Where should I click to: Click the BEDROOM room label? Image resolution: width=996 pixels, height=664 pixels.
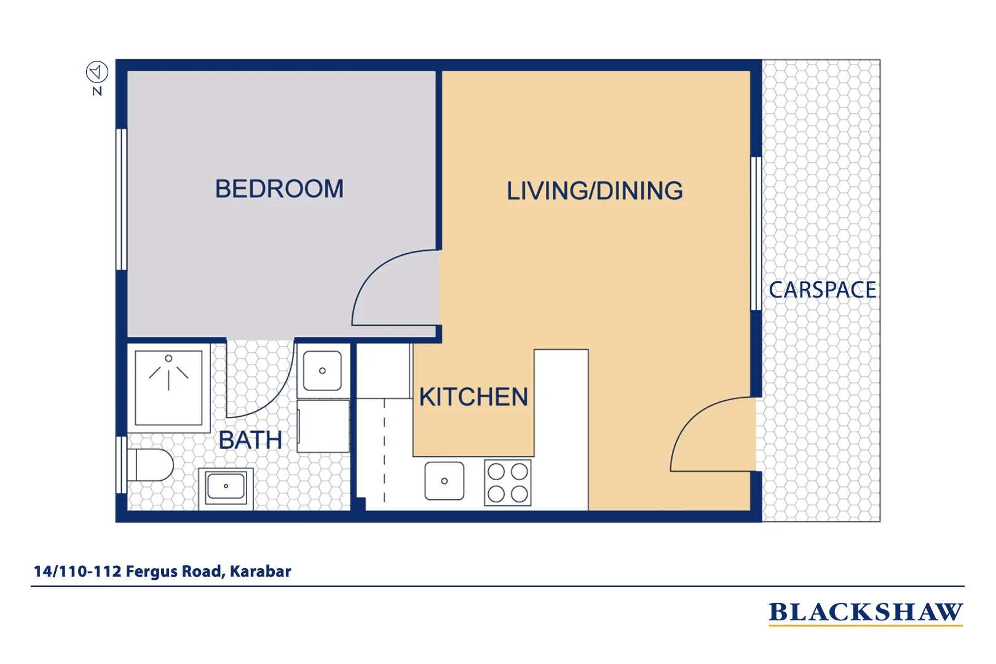click(x=279, y=189)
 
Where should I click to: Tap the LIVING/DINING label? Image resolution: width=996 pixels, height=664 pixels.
click(x=594, y=191)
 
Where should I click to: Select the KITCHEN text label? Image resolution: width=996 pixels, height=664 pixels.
click(x=473, y=397)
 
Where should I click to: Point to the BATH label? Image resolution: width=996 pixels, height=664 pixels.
click(x=250, y=440)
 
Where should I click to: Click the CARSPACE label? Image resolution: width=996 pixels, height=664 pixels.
click(x=822, y=290)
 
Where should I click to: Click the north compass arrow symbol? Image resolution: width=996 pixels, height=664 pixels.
click(x=97, y=73)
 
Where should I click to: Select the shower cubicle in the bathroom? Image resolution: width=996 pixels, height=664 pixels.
click(x=168, y=387)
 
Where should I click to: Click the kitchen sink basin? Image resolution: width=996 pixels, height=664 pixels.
click(x=444, y=481)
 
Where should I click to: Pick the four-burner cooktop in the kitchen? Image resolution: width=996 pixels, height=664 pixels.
click(x=507, y=483)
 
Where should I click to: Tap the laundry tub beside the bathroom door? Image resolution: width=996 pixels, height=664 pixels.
click(x=322, y=371)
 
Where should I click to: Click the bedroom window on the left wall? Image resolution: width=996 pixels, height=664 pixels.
click(x=122, y=199)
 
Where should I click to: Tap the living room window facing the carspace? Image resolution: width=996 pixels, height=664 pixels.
click(x=756, y=234)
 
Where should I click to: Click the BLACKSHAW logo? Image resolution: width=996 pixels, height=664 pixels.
click(x=865, y=612)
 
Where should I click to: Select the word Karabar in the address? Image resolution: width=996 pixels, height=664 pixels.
click(x=260, y=571)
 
